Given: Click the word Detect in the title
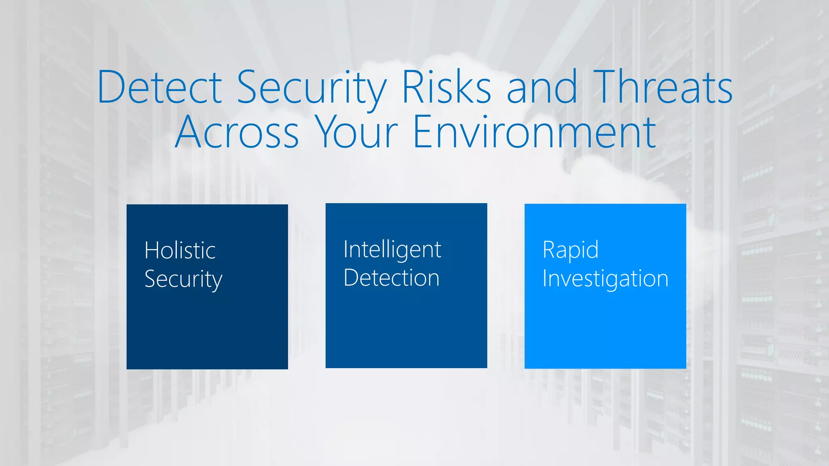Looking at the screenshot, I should (x=159, y=87).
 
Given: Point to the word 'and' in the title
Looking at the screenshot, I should (x=542, y=87).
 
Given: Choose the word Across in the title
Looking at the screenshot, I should (x=237, y=132).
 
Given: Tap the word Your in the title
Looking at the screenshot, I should (x=356, y=132).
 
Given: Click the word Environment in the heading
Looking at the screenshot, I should (x=534, y=132).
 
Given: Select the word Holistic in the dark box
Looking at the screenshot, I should (x=180, y=250).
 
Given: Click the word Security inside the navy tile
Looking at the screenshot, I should (x=183, y=280).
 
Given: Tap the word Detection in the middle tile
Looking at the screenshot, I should (x=391, y=278).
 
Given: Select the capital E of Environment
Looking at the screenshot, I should (x=423, y=132).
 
